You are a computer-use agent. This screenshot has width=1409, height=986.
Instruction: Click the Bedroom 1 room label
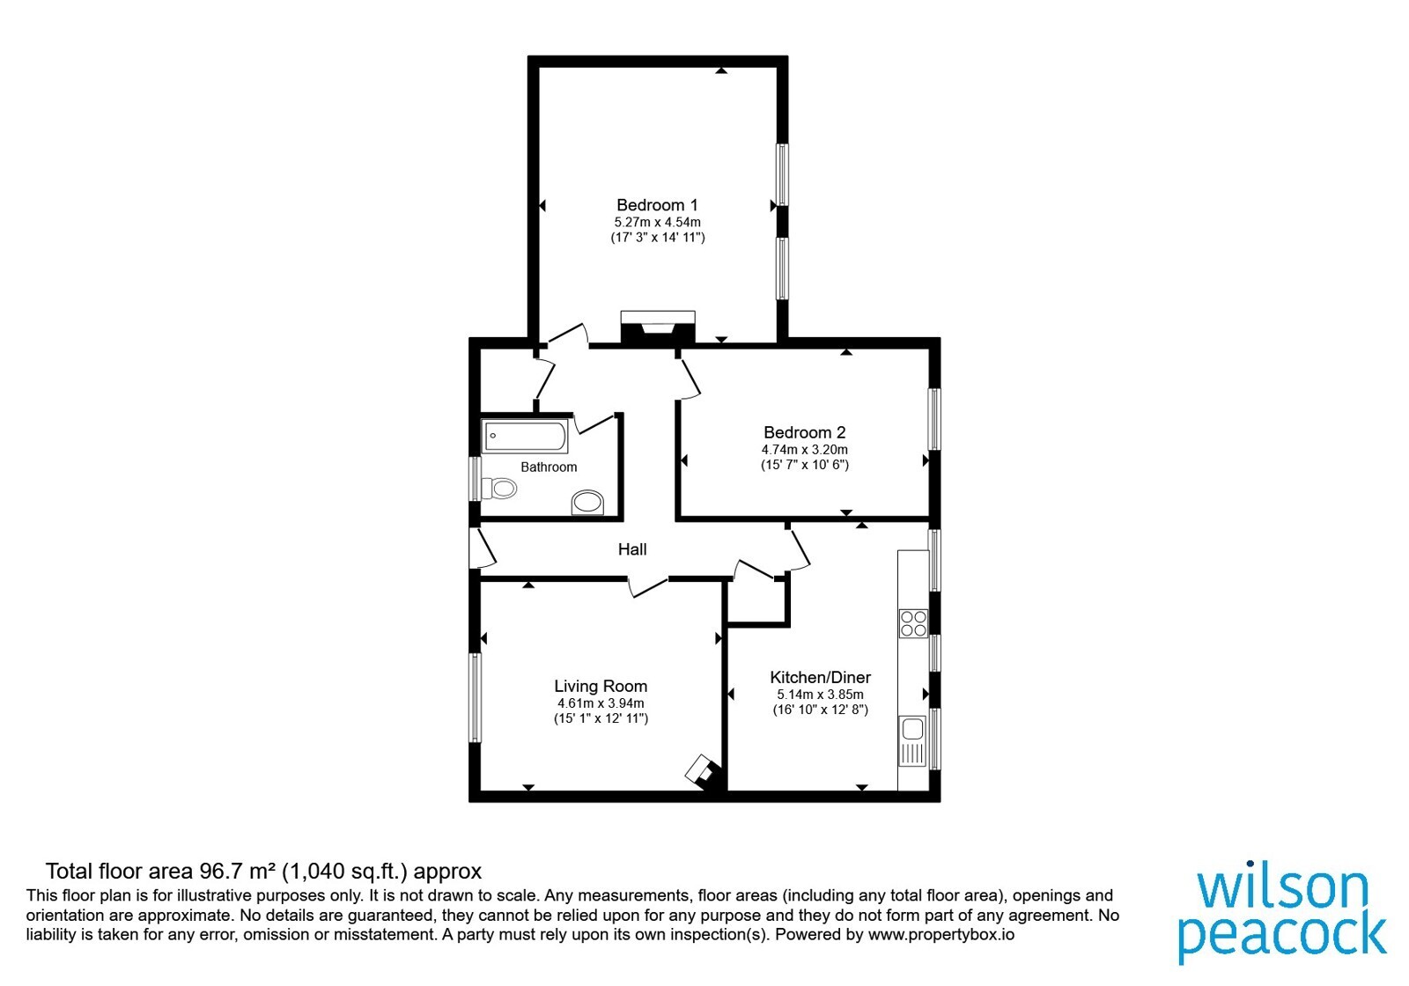tap(657, 205)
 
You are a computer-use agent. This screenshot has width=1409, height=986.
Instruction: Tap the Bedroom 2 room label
tap(805, 432)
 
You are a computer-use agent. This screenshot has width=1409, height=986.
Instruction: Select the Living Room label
tap(601, 686)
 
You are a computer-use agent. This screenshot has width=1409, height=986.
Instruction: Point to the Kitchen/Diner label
tap(820, 677)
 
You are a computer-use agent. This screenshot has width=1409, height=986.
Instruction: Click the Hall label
tap(632, 549)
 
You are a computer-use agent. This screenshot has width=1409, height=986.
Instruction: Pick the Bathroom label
tap(549, 467)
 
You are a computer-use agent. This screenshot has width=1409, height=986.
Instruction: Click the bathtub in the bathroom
tap(525, 437)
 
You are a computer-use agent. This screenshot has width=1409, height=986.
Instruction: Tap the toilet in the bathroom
tap(498, 488)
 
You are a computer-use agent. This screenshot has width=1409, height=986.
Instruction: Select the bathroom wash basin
tap(587, 503)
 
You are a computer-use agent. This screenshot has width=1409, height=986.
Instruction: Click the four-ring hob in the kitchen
tap(913, 624)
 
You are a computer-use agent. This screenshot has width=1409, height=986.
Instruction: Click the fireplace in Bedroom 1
tap(658, 327)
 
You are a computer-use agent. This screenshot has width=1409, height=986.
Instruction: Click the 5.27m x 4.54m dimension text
tap(657, 223)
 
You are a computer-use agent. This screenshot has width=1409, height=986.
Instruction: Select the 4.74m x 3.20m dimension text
tap(805, 450)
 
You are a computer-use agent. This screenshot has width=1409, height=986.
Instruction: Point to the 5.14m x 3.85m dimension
tap(820, 695)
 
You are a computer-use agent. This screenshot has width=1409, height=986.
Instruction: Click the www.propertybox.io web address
tap(941, 934)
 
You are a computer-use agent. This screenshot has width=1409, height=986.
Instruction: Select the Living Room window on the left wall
tap(476, 697)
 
